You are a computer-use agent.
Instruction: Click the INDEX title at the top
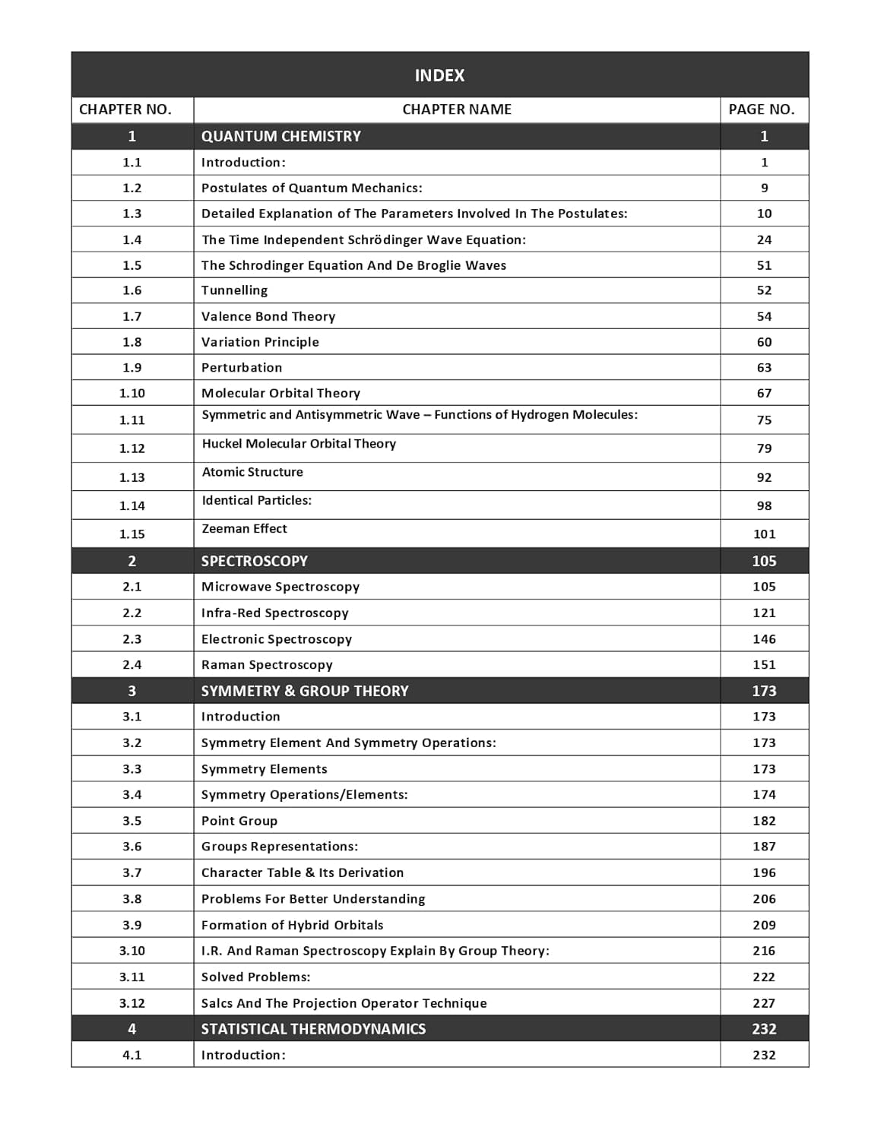(x=439, y=75)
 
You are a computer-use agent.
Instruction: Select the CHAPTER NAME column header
(x=456, y=109)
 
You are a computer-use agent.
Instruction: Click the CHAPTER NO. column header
(x=125, y=109)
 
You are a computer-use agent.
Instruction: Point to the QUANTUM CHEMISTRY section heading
(x=280, y=136)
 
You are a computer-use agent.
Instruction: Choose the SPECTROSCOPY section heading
(x=254, y=561)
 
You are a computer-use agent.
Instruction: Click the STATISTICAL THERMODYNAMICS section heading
(x=313, y=1029)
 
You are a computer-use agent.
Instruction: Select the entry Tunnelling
(x=234, y=290)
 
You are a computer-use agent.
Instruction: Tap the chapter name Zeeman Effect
(x=244, y=529)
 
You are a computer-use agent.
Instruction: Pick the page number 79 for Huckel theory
(x=764, y=448)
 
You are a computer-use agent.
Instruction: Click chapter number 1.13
(x=132, y=477)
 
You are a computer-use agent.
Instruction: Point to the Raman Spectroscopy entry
(x=267, y=665)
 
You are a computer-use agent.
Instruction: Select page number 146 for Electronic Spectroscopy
(x=764, y=639)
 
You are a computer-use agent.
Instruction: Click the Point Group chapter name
(x=239, y=821)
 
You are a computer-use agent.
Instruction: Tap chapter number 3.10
(x=132, y=951)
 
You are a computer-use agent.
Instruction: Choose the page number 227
(x=764, y=1003)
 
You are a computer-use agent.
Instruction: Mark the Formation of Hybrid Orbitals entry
(x=292, y=925)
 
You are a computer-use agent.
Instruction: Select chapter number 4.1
(x=132, y=1055)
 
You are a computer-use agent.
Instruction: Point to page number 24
(x=764, y=240)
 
